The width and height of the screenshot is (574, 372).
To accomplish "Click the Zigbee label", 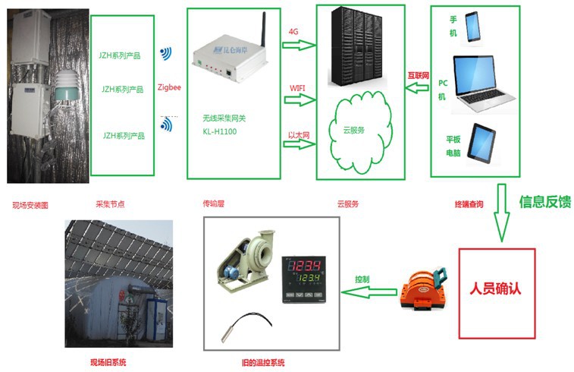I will [x=169, y=87].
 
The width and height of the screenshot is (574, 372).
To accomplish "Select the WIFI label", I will [x=297, y=87].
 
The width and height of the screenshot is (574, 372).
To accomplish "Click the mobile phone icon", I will [x=474, y=28].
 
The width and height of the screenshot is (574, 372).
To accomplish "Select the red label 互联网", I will [x=419, y=76].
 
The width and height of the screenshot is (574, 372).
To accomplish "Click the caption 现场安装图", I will [x=30, y=205].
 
